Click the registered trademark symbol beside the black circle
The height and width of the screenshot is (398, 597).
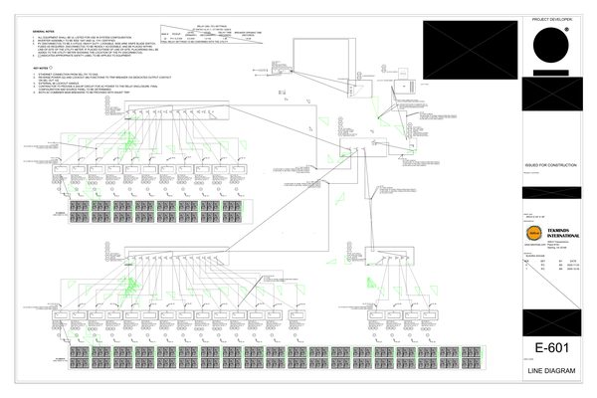568,29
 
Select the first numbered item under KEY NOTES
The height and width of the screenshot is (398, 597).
80,73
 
